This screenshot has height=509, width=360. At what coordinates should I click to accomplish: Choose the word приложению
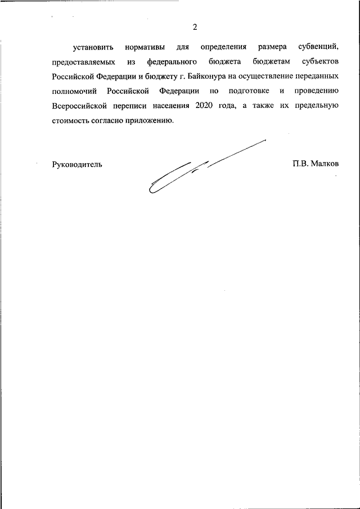pyautogui.click(x=146, y=120)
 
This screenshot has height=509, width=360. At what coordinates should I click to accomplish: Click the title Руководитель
pyautogui.click(x=76, y=164)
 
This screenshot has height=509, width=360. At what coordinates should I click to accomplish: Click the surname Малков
pyautogui.click(x=323, y=164)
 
